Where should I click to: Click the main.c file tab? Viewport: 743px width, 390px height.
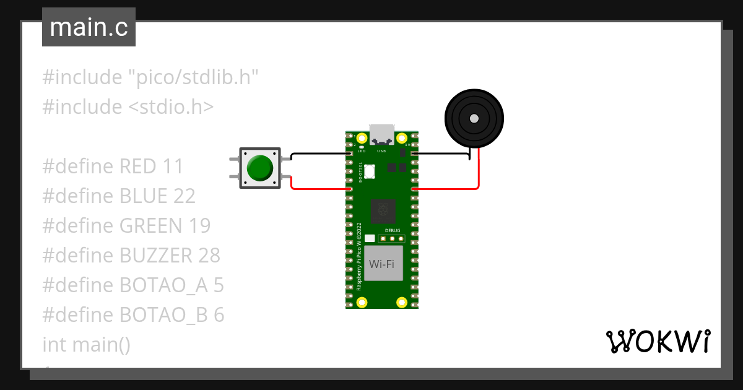point(89,28)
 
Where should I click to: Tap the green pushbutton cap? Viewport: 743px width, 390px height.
point(259,168)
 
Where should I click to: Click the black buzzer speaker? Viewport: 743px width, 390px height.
point(474,118)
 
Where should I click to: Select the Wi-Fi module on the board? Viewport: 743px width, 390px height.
point(382,264)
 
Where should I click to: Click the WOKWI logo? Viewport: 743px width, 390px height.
point(657,341)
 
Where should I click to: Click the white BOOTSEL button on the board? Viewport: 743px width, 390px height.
point(370,171)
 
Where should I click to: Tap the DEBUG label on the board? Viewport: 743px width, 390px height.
point(393,230)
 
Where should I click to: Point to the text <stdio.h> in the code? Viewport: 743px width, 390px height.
point(171,107)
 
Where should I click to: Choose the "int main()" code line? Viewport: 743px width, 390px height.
point(86,344)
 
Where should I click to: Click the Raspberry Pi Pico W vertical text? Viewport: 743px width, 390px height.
point(358,258)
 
